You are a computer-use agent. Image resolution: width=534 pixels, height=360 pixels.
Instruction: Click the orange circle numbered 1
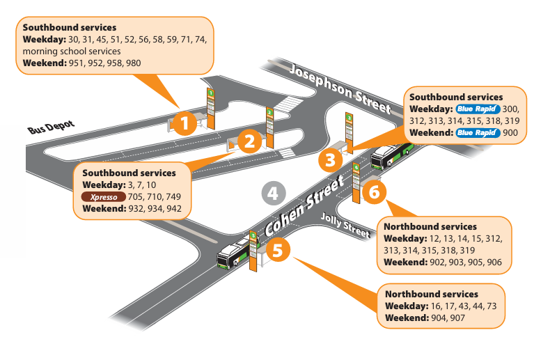184,124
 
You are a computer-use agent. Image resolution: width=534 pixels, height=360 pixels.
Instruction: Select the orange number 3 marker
331,161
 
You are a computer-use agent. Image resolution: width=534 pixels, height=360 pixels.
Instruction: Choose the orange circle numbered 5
276,250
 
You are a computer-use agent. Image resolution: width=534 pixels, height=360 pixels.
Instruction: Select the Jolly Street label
345,225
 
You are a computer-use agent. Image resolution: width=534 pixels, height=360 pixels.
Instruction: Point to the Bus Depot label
51,127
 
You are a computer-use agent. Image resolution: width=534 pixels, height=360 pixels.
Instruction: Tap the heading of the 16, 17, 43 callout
431,295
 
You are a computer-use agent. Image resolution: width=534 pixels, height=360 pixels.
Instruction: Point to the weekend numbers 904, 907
446,318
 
